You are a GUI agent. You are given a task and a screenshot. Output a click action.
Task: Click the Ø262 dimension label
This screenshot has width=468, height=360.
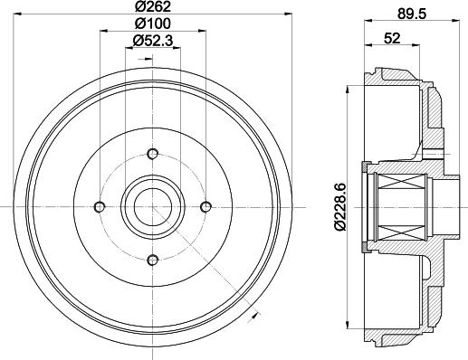pos(151,8)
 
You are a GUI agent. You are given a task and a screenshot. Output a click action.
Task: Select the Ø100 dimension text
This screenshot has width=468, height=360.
pos(151,24)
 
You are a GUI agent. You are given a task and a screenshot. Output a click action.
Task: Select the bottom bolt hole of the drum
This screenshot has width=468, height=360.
pos(152,260)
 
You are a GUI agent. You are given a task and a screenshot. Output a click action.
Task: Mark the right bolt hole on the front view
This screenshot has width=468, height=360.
pos(205,206)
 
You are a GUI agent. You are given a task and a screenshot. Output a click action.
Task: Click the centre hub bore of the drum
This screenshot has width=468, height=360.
pos(152,206)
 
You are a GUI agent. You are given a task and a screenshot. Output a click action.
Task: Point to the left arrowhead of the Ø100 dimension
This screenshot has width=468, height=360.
pos(101,32)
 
